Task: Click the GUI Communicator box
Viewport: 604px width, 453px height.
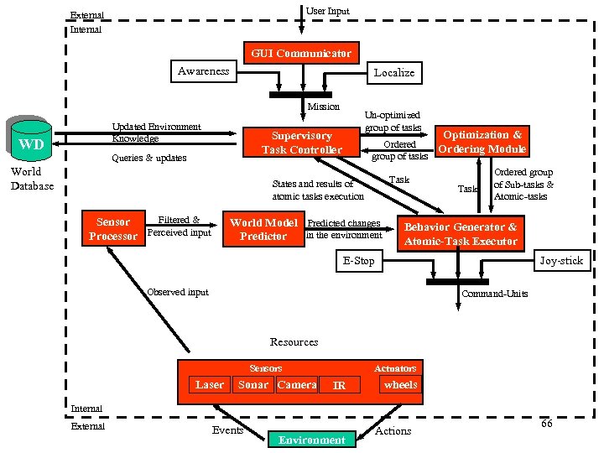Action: tap(301, 53)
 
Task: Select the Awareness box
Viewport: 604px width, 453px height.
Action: tap(203, 71)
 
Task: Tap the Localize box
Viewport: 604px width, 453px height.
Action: tap(393, 73)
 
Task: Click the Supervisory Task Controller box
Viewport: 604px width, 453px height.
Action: tap(302, 143)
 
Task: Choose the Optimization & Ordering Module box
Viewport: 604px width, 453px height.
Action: tap(482, 142)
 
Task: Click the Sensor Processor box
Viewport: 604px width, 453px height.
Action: tap(113, 229)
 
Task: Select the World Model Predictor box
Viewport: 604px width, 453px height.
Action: tap(263, 229)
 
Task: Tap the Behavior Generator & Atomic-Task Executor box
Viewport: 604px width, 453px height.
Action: tap(461, 234)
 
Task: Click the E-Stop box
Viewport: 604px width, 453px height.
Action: tap(358, 261)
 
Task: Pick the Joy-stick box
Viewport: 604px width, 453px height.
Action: tap(560, 261)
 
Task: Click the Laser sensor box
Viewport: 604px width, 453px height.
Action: tap(210, 385)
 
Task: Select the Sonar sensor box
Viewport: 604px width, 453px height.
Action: tap(253, 385)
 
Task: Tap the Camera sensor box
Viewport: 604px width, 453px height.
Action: tap(297, 385)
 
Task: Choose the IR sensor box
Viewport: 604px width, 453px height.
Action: tap(339, 386)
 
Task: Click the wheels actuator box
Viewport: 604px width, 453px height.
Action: tap(400, 385)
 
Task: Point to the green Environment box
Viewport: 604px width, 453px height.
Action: tap(311, 440)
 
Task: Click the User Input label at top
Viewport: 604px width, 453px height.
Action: tap(327, 11)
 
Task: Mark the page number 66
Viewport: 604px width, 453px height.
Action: tap(546, 424)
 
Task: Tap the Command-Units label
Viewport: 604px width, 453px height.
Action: tap(494, 294)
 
